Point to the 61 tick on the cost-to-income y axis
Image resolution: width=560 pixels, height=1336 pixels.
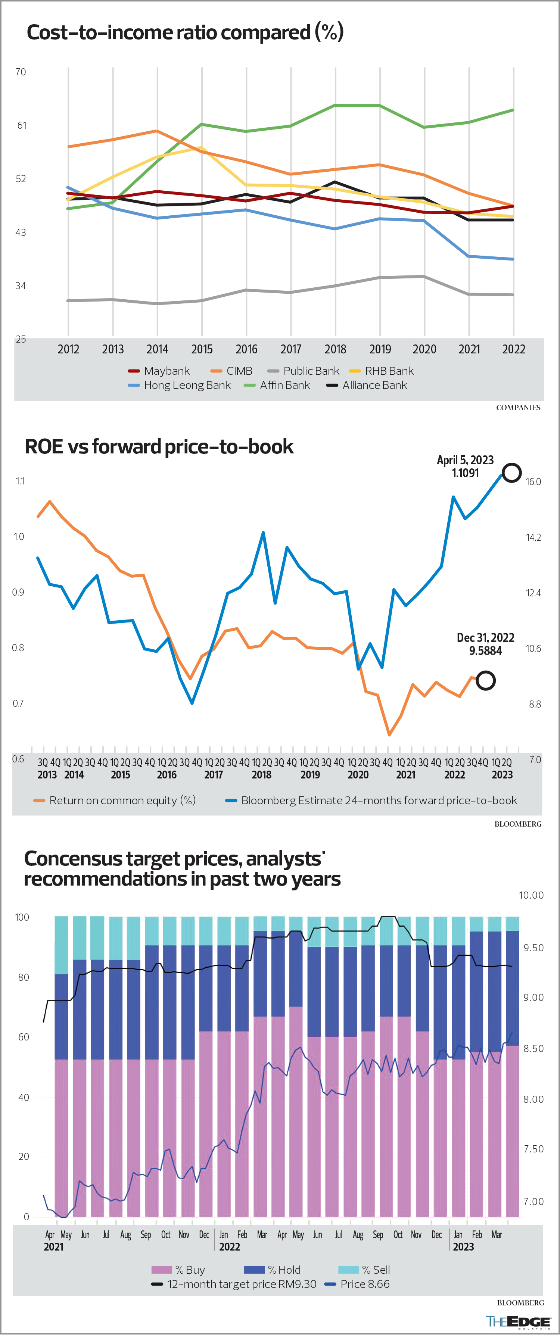coord(21,125)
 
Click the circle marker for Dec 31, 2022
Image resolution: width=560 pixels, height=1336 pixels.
coord(486,680)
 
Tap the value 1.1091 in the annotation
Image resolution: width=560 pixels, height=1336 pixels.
coord(465,473)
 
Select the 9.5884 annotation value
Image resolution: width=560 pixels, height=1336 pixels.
coord(485,651)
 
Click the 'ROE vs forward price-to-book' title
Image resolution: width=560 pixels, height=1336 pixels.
coord(159,447)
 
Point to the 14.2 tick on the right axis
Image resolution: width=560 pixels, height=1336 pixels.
coord(533,537)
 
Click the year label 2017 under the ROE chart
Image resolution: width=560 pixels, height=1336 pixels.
coord(213,775)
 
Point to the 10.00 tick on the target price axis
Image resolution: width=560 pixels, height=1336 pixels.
coord(531,895)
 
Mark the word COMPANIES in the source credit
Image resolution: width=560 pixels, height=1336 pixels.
coord(518,408)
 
